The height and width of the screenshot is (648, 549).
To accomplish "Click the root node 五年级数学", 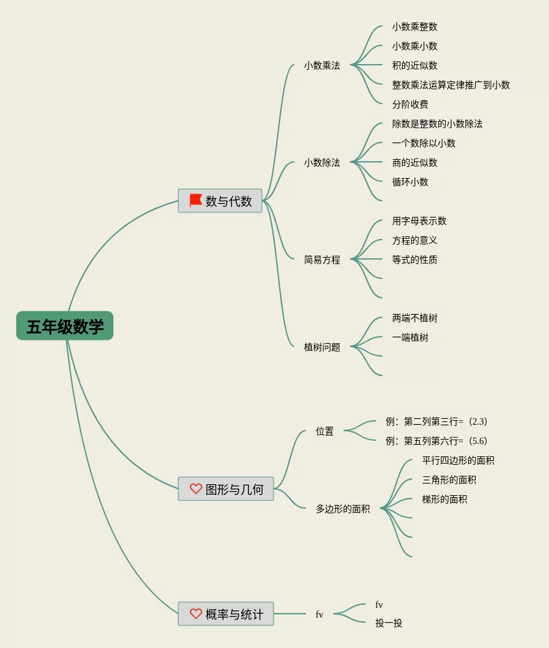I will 65,326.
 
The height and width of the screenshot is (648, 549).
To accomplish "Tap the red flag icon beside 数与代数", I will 196,201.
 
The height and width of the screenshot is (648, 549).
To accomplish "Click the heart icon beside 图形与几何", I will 196,489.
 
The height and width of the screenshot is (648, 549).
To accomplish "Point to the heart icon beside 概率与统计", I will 196,613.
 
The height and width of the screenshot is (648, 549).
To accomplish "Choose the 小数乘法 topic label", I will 321,65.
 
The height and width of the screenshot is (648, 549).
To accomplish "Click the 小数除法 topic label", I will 321,162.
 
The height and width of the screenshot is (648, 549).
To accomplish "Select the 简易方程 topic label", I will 321,260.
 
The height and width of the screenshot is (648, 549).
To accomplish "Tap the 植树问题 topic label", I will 321,347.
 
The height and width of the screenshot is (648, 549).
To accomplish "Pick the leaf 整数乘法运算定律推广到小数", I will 450,85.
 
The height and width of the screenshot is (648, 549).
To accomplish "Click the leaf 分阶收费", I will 410,104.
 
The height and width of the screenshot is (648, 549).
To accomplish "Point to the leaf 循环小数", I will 410,182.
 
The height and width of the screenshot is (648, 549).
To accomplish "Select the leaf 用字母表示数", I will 419,221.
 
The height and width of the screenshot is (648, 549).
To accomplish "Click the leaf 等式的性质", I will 414,260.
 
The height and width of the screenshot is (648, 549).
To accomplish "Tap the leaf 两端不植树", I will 414,318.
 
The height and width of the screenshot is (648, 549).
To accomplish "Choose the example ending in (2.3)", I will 436,421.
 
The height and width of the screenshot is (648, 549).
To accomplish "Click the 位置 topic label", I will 325,431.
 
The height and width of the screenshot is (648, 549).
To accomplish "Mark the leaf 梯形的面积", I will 444,499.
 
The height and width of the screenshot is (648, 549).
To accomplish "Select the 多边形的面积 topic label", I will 342,509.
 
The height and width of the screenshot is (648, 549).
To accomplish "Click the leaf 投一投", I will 388,623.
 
